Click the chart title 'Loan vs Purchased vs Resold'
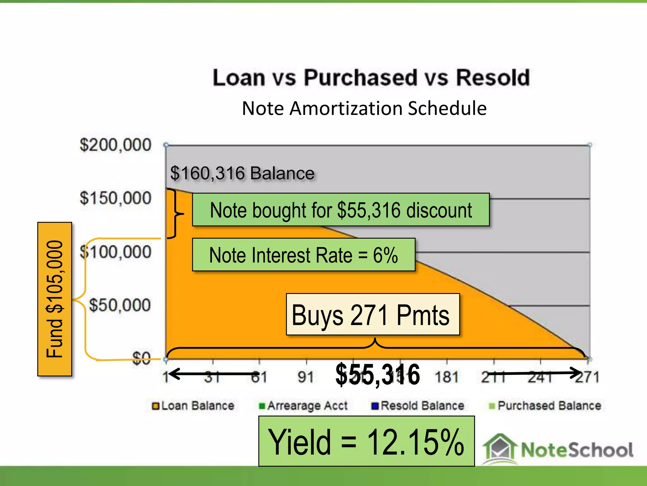(371, 78)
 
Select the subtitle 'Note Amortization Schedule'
(364, 109)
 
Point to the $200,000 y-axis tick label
(116, 145)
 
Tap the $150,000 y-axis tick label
(116, 198)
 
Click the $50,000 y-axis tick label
(120, 305)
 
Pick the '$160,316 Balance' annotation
(242, 173)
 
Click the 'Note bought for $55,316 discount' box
(341, 210)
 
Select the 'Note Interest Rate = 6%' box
(304, 255)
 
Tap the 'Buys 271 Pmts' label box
(373, 315)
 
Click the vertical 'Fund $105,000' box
(55, 299)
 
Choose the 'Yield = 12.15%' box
(366, 441)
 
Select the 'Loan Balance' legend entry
(193, 406)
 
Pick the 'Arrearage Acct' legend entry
(303, 406)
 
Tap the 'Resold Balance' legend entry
(418, 406)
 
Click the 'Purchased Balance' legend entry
(545, 406)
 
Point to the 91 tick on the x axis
(306, 377)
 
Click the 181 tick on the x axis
(447, 377)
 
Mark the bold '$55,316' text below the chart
(378, 375)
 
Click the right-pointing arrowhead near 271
(575, 373)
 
